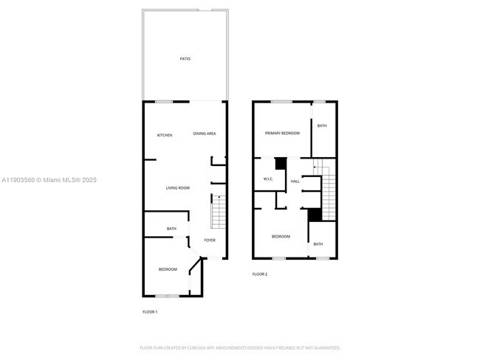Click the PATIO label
[185, 58]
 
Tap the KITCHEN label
[165, 135]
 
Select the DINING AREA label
[205, 134]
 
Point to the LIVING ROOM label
[177, 188]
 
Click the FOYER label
[210, 240]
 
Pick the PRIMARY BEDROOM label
[283, 133]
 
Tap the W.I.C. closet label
[269, 180]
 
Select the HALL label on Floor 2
[295, 181]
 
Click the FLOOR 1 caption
[150, 312]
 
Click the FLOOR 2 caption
[260, 274]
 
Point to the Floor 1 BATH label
[171, 229]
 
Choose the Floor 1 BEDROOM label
[168, 269]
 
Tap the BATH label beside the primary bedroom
[322, 126]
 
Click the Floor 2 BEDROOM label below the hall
[281, 236]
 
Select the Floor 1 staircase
[218, 213]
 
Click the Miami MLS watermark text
[49, 180]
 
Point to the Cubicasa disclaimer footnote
[240, 347]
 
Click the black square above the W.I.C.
[281, 164]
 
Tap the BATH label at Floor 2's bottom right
[318, 244]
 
